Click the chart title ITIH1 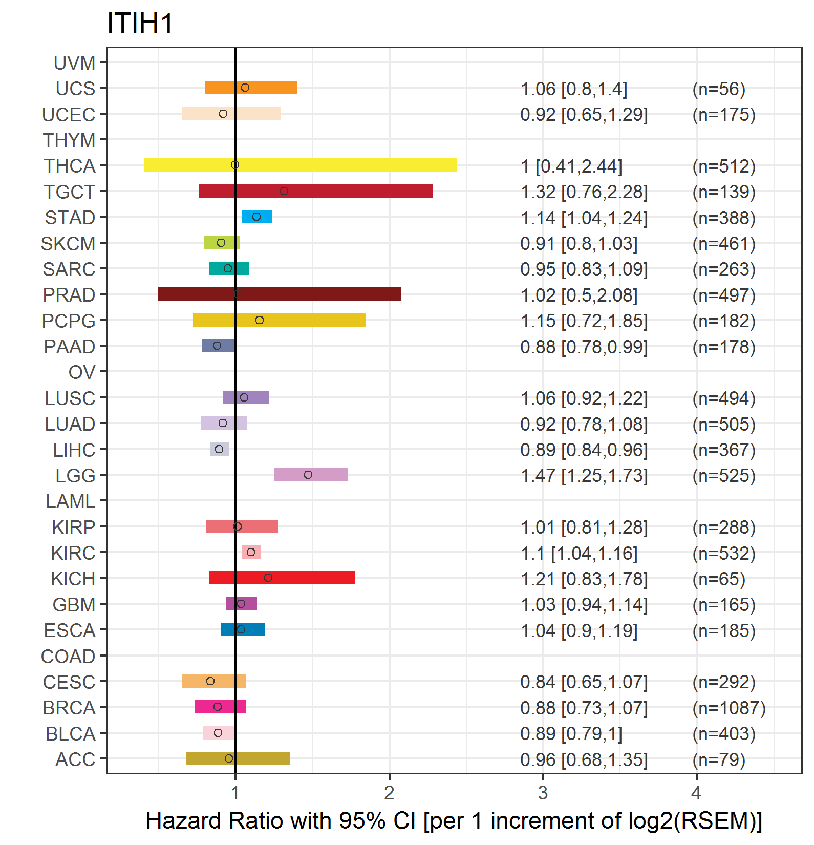click(140, 24)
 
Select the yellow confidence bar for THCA click(301, 165)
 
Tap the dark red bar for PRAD click(280, 294)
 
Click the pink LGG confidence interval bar click(311, 475)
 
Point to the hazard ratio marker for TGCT click(284, 191)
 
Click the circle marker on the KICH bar click(268, 578)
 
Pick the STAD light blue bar click(257, 217)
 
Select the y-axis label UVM click(75, 63)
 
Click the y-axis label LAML click(71, 501)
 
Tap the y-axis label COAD click(68, 656)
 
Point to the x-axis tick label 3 click(543, 793)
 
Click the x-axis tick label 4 click(696, 793)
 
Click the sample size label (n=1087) click(729, 708)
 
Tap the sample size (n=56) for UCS click(719, 89)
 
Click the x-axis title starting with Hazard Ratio click(454, 820)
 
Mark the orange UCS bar click(251, 88)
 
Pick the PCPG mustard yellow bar click(279, 320)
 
